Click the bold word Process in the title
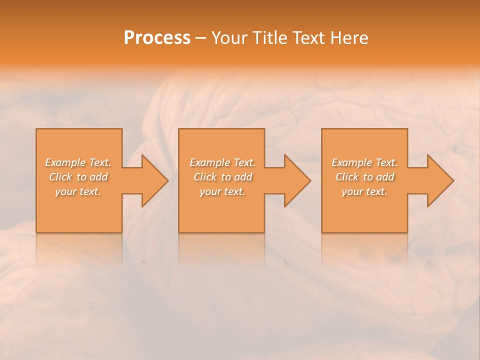157,38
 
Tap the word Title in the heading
268,38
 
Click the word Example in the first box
65,162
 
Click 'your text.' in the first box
78,191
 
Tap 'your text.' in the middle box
222,191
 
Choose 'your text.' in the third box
364,191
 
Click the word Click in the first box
60,177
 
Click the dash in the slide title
201,38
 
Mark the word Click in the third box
347,177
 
